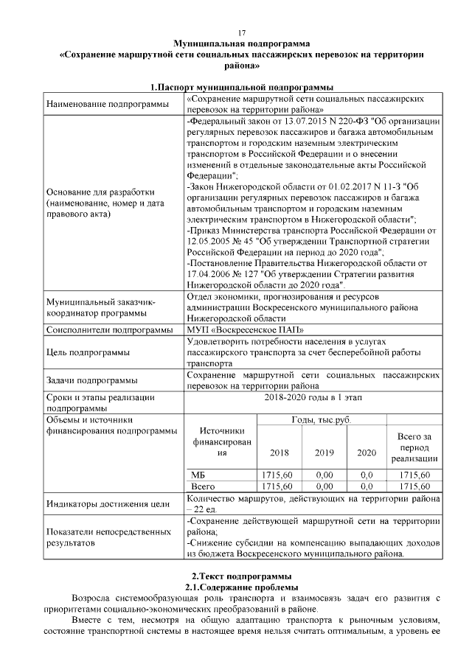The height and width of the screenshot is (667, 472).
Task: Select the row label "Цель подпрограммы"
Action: pos(88,352)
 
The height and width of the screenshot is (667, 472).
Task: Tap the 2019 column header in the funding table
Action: pos(324,451)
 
